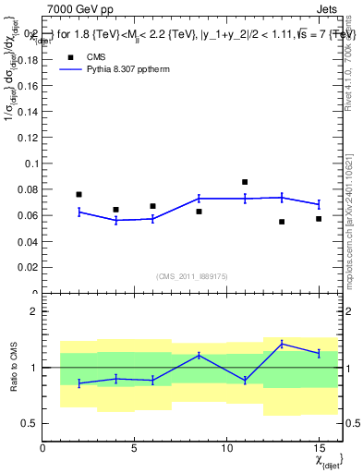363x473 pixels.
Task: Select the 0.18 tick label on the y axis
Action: [28, 59]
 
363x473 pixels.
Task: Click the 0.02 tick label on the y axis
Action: [28, 268]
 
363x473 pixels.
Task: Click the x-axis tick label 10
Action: [226, 450]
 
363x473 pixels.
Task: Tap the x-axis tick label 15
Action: [319, 450]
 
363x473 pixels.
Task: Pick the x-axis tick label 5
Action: [135, 450]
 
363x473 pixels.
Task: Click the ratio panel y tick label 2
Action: [33, 311]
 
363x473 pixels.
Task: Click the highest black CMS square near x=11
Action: [245, 182]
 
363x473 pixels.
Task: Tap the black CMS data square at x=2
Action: [79, 194]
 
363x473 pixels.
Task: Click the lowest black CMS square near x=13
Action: [282, 222]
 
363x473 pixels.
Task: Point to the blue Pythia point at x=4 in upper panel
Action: [116, 220]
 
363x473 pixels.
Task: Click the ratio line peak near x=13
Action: [282, 344]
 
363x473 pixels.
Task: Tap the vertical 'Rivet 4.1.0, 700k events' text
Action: [349, 61]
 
